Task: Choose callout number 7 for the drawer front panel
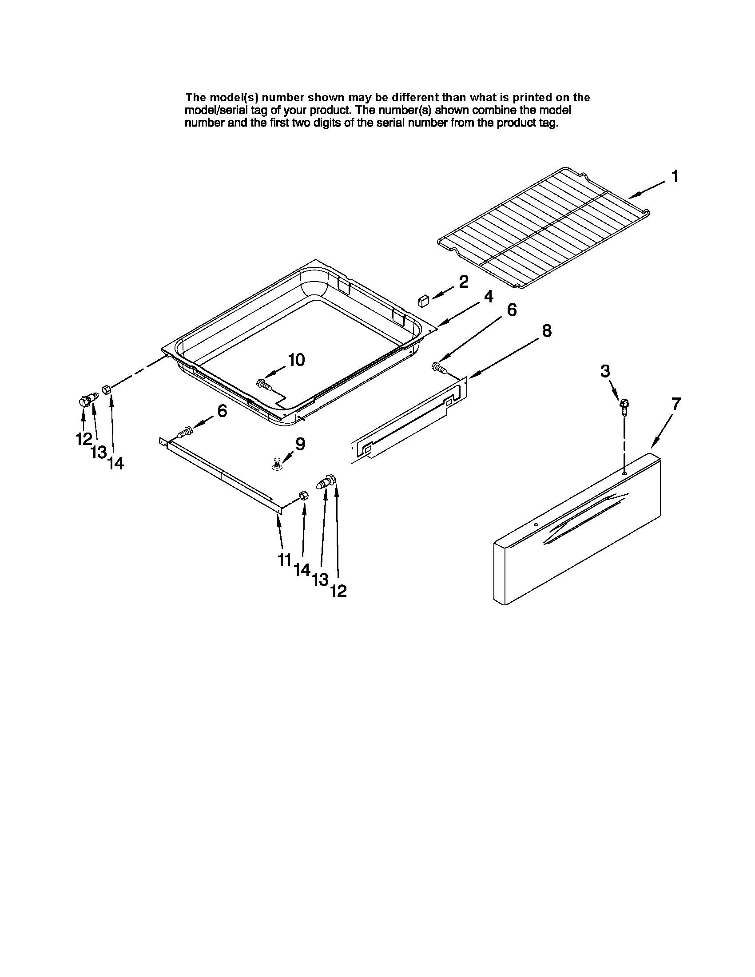(x=676, y=404)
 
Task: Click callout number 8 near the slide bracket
(x=547, y=330)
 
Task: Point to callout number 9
(x=300, y=444)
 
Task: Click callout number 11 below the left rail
(x=285, y=560)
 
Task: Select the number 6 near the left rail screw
(x=222, y=411)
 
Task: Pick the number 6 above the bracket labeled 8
(x=511, y=310)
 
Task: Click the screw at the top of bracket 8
(x=438, y=368)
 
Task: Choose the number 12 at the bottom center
(x=338, y=592)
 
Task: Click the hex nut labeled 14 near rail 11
(x=303, y=495)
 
